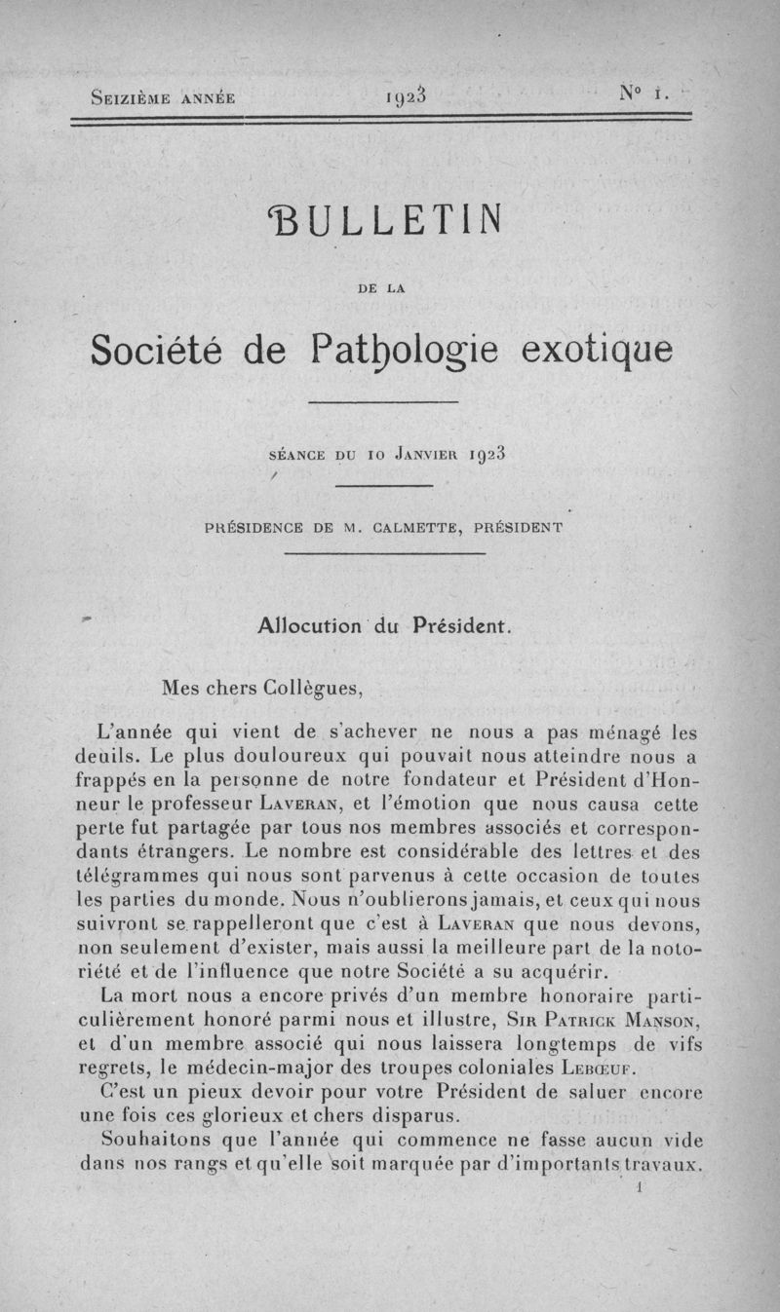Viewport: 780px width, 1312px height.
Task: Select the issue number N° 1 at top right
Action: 641,94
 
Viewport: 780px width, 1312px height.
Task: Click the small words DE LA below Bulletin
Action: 387,287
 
